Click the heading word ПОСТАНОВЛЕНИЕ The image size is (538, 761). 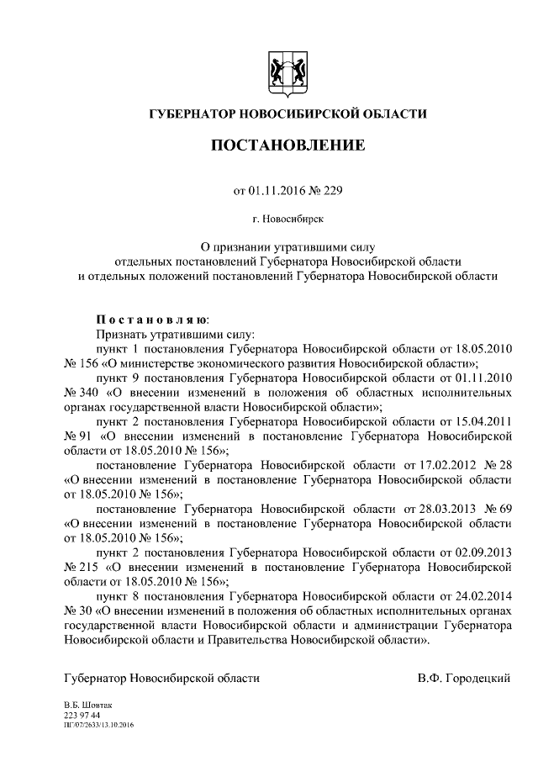[287, 145]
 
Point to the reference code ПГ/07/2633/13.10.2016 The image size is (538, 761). [99, 724]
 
